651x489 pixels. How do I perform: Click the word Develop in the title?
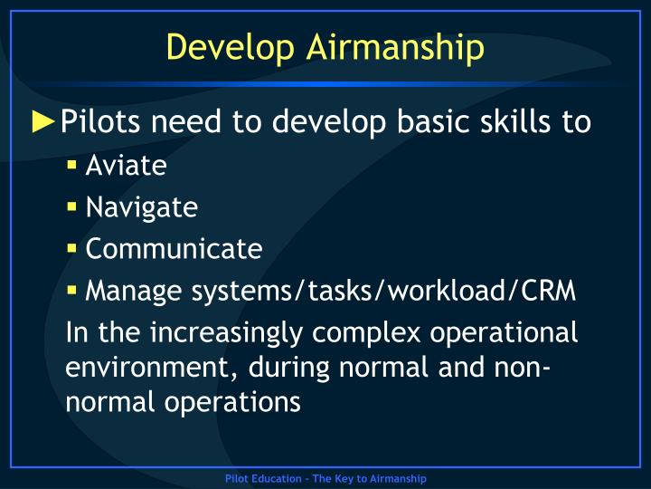222,47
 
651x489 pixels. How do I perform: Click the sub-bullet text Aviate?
126,166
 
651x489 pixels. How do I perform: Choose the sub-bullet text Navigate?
141,207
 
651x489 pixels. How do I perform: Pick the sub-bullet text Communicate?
174,248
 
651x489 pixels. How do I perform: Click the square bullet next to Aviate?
72,167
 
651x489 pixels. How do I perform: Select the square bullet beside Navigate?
72,207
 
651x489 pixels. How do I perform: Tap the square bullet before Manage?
72,291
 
